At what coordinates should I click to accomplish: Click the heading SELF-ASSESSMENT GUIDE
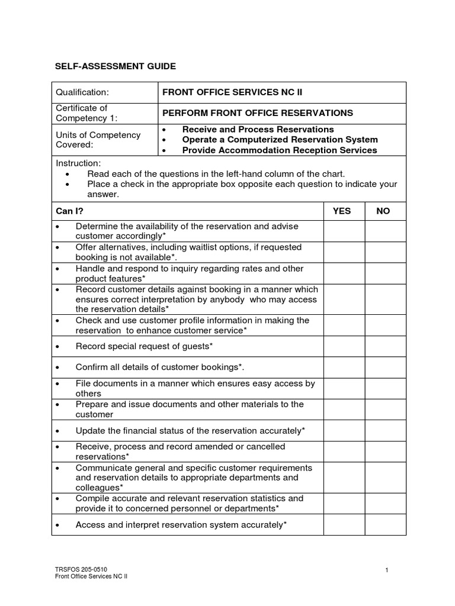click(x=116, y=66)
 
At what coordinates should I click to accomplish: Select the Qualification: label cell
click(x=82, y=92)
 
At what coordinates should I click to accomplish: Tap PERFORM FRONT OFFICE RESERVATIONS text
click(x=258, y=113)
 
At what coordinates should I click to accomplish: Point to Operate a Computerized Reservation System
click(x=280, y=140)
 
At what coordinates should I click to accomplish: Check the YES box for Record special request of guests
click(x=344, y=346)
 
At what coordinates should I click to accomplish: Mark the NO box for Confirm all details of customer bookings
click(x=385, y=367)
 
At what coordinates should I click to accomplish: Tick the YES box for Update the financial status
click(x=344, y=430)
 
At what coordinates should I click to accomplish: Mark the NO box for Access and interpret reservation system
click(x=385, y=524)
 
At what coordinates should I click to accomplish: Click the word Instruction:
click(x=78, y=163)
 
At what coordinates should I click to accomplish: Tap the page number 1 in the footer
click(x=386, y=570)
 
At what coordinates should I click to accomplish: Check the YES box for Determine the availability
click(x=344, y=231)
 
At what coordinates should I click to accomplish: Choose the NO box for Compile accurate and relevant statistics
click(x=385, y=503)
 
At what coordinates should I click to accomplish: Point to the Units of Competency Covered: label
click(x=98, y=140)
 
